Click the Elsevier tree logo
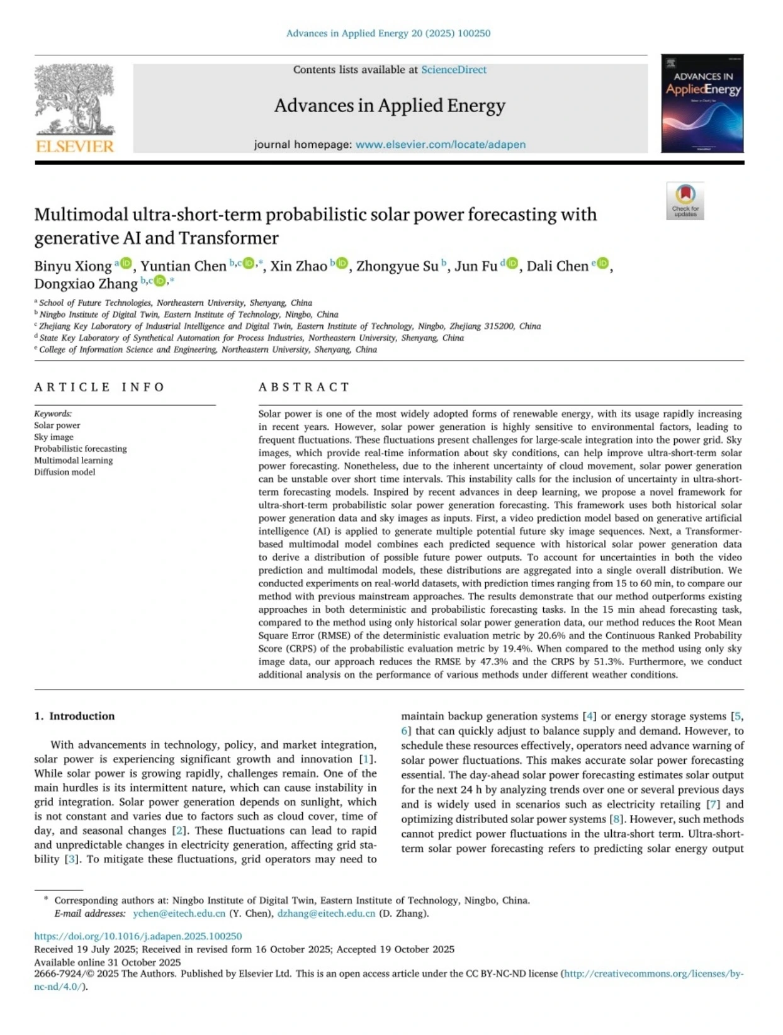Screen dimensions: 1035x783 (x=74, y=99)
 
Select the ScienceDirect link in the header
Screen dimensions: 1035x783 (x=453, y=70)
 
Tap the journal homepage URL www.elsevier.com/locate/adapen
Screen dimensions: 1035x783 (x=440, y=145)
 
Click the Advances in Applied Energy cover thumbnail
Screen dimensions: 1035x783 (x=702, y=104)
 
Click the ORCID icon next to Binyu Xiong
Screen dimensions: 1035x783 (x=127, y=263)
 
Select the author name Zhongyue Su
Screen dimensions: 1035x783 (x=397, y=266)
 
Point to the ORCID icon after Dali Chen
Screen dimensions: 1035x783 (x=602, y=263)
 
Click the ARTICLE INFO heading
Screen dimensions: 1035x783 (x=99, y=387)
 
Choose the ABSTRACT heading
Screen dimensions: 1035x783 (x=304, y=387)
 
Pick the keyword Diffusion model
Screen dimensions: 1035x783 (x=65, y=472)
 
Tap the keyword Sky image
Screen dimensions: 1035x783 (x=54, y=437)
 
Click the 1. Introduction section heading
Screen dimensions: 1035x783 (x=74, y=716)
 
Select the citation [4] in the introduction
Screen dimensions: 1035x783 (x=589, y=716)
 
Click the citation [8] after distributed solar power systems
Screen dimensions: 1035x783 (x=617, y=819)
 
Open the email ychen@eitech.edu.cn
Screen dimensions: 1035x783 (x=179, y=914)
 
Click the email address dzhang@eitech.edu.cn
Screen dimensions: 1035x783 (x=326, y=914)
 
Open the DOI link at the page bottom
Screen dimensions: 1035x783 (x=138, y=936)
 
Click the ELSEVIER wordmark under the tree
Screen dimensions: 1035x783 (x=75, y=147)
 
